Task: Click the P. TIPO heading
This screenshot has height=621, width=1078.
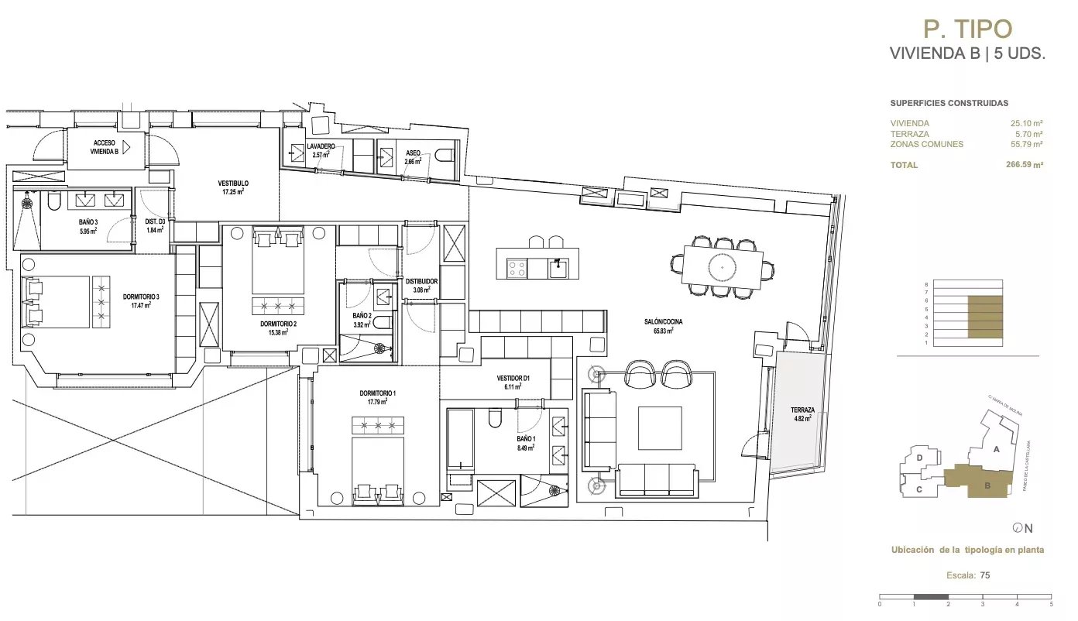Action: pyautogui.click(x=967, y=29)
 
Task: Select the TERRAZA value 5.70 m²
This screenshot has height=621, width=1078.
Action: pyautogui.click(x=1029, y=134)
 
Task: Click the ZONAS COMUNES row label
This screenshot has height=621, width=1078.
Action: pyautogui.click(x=926, y=144)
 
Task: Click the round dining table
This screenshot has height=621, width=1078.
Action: pyautogui.click(x=723, y=266)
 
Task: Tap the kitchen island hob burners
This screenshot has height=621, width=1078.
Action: pyautogui.click(x=517, y=269)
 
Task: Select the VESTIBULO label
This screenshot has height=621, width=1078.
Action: pyautogui.click(x=233, y=184)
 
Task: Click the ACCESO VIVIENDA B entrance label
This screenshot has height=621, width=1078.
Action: pyautogui.click(x=105, y=147)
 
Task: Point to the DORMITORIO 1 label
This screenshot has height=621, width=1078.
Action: pyautogui.click(x=378, y=393)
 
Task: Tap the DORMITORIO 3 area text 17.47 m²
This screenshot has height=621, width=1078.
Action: pyautogui.click(x=140, y=305)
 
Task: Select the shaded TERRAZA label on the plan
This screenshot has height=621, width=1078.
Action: pyautogui.click(x=802, y=410)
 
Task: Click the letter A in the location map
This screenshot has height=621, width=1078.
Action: pyautogui.click(x=997, y=449)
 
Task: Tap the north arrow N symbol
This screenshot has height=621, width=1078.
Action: pyautogui.click(x=1023, y=528)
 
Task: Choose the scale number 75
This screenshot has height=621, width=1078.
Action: pyautogui.click(x=985, y=575)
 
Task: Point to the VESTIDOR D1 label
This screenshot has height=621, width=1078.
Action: pyautogui.click(x=512, y=379)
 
